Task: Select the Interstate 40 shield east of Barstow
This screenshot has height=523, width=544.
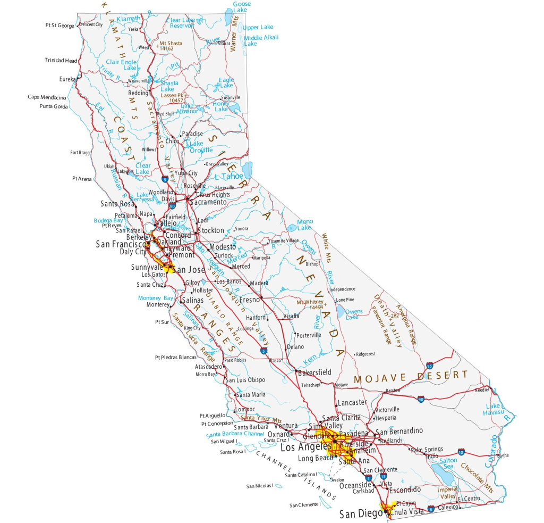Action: click(421, 399)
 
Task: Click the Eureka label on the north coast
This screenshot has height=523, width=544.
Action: click(67, 79)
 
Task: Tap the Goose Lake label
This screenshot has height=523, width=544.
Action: click(242, 7)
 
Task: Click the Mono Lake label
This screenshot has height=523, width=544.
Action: click(305, 225)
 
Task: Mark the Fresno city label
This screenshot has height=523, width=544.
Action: click(249, 300)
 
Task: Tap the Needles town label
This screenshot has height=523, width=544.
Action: click(482, 390)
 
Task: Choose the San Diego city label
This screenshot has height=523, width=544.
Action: click(361, 514)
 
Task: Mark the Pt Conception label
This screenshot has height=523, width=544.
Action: click(217, 424)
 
